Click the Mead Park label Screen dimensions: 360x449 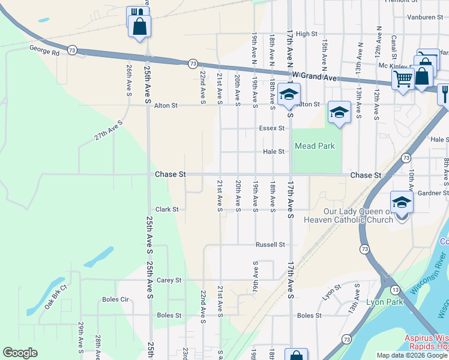(314, 146)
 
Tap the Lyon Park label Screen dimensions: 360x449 (384, 303)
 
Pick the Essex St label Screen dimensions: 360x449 (271, 128)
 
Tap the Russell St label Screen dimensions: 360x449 (270, 245)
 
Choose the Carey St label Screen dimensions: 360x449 (169, 280)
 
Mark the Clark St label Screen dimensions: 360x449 (167, 209)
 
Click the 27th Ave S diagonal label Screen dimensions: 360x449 (108, 130)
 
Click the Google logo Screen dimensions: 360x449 (20, 353)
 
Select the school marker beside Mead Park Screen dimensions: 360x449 (339, 112)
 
